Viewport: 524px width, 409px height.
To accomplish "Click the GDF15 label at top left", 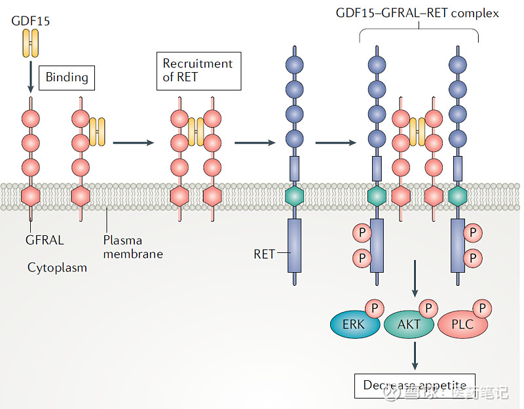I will click(31, 21).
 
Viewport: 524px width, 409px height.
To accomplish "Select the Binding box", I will click(67, 77).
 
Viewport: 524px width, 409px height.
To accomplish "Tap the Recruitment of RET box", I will click(198, 71).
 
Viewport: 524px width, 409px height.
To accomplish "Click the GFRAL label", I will click(45, 240).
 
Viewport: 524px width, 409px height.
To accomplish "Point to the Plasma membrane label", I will click(131, 246).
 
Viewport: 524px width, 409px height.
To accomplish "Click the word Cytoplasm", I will click(57, 267).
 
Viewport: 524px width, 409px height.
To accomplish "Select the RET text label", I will click(264, 254).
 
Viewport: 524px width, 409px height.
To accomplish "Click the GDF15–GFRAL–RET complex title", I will click(417, 13).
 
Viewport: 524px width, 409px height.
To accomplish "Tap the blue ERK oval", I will click(353, 324).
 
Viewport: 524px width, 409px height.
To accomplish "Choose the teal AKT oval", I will click(408, 324).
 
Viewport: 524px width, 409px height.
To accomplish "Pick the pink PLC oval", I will click(462, 324).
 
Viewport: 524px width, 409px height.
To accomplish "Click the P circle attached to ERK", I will click(375, 307).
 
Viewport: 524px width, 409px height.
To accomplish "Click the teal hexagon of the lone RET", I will click(295, 195).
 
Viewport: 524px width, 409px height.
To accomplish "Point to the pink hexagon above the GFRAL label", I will click(30, 195).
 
